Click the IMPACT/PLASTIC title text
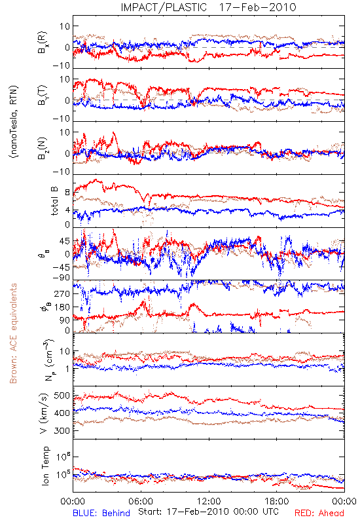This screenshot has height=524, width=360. (164, 7)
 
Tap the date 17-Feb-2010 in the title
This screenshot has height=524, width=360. (257, 7)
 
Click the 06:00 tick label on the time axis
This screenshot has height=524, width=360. (141, 501)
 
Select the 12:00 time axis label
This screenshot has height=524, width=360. (209, 501)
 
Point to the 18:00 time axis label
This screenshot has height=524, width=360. (277, 501)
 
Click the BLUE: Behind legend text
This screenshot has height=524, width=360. (101, 513)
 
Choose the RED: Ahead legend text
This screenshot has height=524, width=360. (319, 513)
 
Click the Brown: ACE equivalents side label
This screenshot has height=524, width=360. (13, 333)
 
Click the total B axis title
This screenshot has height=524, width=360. (54, 201)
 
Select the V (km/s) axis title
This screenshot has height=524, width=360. (44, 413)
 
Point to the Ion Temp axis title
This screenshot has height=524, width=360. (45, 466)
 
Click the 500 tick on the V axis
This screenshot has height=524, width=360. (62, 396)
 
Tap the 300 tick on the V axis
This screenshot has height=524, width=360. (62, 431)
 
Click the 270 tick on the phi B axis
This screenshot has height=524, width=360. (62, 294)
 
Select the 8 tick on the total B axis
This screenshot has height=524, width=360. (67, 193)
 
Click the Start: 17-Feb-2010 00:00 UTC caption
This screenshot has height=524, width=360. (208, 512)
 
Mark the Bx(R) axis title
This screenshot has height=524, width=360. (43, 42)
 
